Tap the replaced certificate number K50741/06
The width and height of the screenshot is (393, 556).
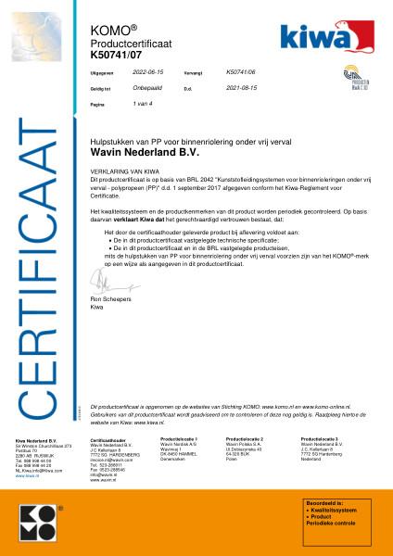tap(243, 70)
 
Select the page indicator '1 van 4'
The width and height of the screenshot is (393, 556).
tap(145, 105)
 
